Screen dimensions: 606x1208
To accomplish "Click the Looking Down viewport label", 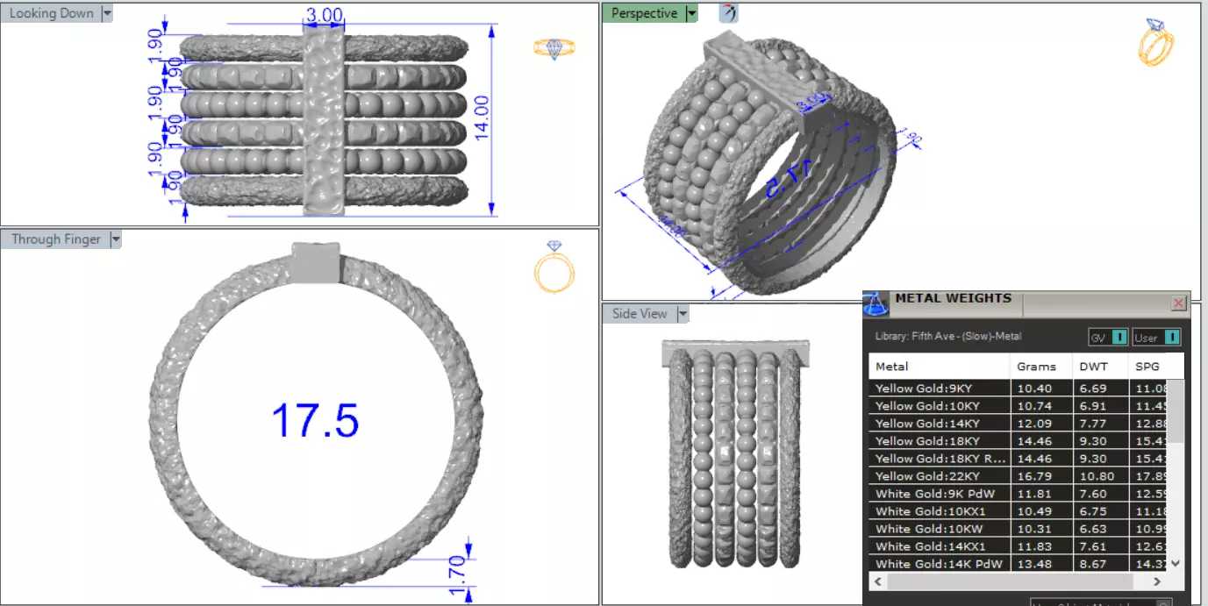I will tap(51, 13).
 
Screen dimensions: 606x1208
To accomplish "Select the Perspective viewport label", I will tap(643, 13).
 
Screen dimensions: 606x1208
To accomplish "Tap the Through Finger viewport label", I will tap(55, 239).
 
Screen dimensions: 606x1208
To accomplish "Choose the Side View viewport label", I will tap(639, 313).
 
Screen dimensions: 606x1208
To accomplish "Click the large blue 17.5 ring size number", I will tap(315, 420).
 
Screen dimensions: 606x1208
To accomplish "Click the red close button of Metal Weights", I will tap(1178, 303).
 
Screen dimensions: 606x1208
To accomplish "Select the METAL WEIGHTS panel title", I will tap(953, 298).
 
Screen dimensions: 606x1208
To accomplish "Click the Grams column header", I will tap(1036, 366).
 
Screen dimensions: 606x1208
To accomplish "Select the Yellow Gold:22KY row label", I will tap(927, 476).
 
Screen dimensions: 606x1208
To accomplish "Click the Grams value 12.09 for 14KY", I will tap(1033, 424).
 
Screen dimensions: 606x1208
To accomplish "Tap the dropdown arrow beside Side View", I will tap(683, 314).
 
